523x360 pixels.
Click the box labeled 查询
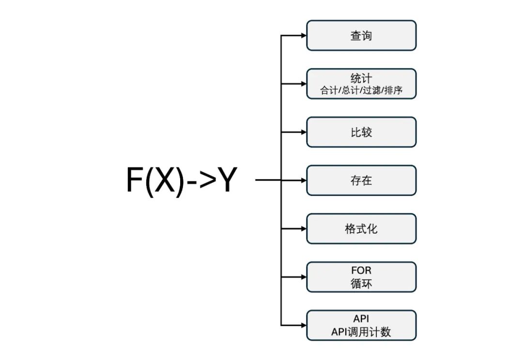point(361,35)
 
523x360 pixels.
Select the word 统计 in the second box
point(361,78)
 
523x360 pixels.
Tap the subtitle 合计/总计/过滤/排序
point(361,90)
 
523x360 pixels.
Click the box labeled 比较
point(361,132)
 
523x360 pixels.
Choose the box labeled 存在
point(361,180)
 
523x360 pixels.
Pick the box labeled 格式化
point(361,229)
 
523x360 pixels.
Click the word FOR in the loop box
point(361,271)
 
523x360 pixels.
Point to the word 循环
point(361,284)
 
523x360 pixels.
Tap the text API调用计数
point(361,332)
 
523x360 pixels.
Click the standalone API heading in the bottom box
point(361,319)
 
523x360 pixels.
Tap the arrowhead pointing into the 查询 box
point(303,35)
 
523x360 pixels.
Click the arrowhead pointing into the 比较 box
point(303,132)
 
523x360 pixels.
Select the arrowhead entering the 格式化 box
point(303,229)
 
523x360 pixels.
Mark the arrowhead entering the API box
point(303,326)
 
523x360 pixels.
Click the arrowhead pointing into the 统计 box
point(303,84)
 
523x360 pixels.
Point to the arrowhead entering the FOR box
point(303,277)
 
